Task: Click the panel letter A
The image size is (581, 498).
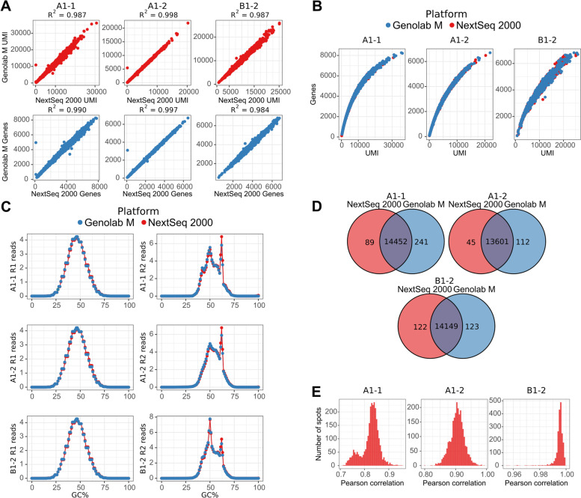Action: tap(8, 7)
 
